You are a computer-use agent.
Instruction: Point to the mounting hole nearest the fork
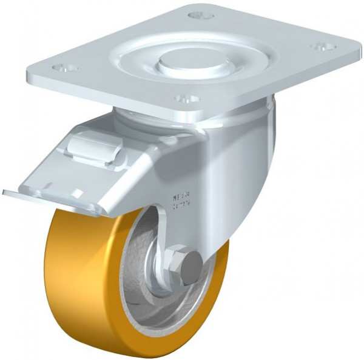tap(187, 98)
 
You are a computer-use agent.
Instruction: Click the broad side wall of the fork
tap(237, 170)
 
